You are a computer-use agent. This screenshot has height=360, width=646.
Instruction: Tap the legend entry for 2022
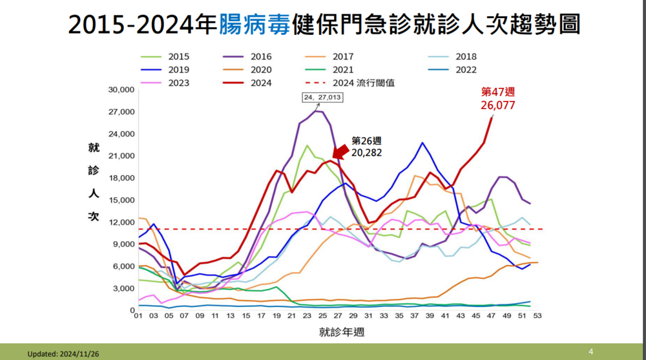[x=463, y=70]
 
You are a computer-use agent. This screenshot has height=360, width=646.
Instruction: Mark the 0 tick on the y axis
[x=130, y=310]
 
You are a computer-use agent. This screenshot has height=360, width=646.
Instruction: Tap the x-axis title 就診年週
[x=338, y=333]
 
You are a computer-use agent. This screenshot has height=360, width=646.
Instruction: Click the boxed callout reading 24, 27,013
[x=322, y=98]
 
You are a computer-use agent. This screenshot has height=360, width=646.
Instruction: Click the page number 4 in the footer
[x=590, y=352]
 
